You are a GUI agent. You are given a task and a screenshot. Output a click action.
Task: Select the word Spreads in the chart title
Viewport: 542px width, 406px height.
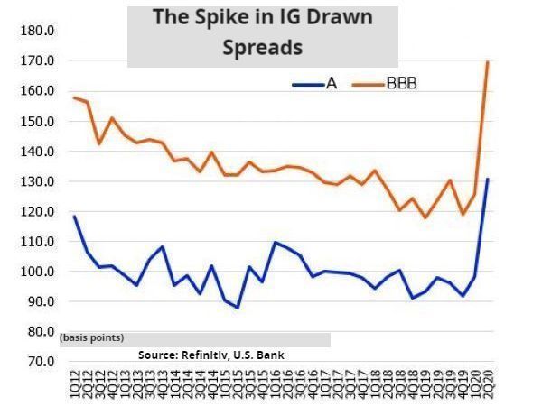click(x=262, y=46)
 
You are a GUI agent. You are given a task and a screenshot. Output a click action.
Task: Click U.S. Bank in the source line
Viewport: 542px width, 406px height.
click(x=262, y=355)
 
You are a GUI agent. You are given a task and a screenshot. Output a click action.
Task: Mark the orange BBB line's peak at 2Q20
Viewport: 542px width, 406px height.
click(x=489, y=61)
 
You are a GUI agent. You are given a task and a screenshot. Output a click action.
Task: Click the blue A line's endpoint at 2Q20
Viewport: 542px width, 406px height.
click(x=489, y=179)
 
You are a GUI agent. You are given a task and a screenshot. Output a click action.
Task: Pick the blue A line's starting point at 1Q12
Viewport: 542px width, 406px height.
click(x=74, y=217)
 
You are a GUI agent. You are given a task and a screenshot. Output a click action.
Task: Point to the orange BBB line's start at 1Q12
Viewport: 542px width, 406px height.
click(x=74, y=97)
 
